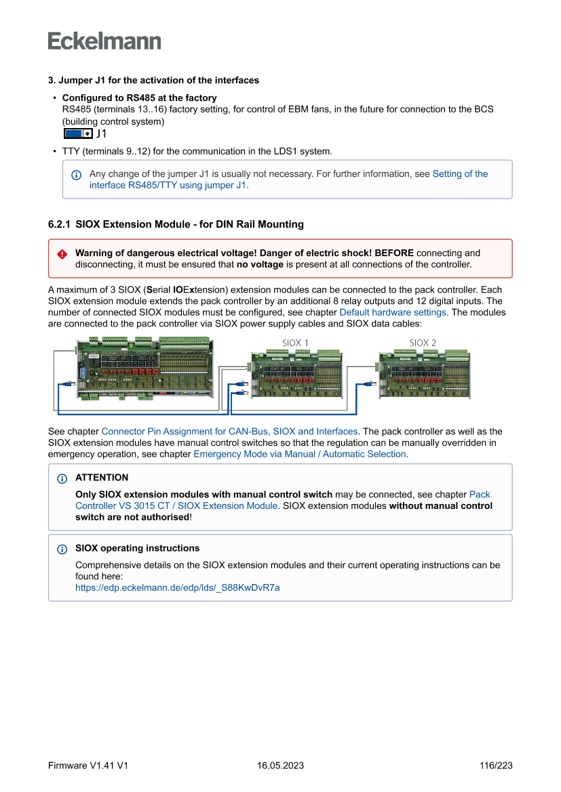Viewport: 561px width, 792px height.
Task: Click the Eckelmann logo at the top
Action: [x=104, y=41]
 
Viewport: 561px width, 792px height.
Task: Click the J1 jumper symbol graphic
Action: [x=78, y=133]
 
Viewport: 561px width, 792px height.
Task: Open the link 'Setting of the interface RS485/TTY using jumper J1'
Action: [x=288, y=179]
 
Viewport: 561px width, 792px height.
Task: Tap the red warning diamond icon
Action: [x=62, y=253]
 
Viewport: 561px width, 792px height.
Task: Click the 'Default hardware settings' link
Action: [x=393, y=312]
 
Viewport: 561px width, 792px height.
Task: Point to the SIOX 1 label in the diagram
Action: [x=295, y=342]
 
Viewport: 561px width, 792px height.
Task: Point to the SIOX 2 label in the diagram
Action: [x=423, y=342]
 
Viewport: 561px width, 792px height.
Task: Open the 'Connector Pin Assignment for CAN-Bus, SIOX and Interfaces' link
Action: [x=229, y=431]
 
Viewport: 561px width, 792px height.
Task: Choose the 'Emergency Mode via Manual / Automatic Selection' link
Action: [x=300, y=454]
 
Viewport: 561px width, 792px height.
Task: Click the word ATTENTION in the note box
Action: [x=102, y=478]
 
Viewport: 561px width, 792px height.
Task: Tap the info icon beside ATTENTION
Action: [x=62, y=478]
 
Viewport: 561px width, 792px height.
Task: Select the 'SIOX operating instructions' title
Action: [x=137, y=548]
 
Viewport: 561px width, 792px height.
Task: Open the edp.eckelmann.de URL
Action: [x=177, y=587]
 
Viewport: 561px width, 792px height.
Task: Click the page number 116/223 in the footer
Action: [x=495, y=766]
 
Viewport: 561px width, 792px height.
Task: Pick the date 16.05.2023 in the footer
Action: [x=280, y=766]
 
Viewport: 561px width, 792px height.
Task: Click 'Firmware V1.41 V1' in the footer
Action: [x=88, y=766]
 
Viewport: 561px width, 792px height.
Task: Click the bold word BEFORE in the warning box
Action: [x=394, y=253]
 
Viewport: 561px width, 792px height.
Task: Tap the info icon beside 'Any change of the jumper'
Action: [x=76, y=175]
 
